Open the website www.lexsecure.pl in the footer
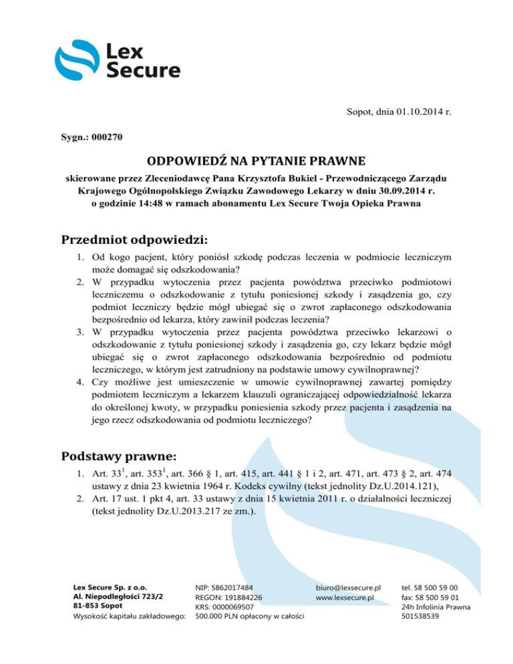pyautogui.click(x=345, y=596)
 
